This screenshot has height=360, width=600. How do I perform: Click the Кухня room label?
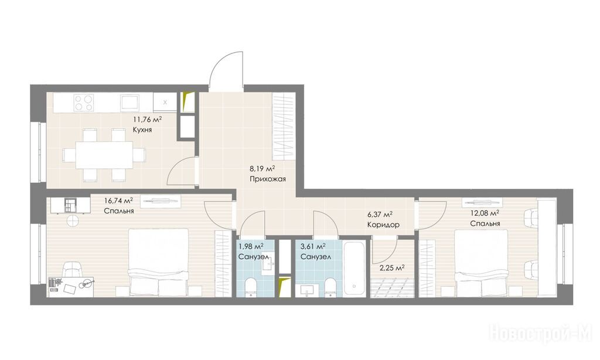[x=142, y=130]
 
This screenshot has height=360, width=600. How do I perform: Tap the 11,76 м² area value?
[x=147, y=120]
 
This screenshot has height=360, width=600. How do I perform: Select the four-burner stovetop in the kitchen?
[x=84, y=103]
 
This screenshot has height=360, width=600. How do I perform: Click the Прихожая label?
[x=267, y=179]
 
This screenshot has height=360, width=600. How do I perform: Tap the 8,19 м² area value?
[x=262, y=168]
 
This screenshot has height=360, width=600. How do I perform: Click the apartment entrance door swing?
[x=226, y=70]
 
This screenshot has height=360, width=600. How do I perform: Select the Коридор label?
[x=383, y=225]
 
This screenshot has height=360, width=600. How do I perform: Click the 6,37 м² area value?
[x=380, y=215]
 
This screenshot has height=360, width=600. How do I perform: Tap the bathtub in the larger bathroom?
[x=354, y=268]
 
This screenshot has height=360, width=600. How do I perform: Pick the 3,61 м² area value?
[x=313, y=246]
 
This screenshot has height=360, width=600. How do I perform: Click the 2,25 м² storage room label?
[x=392, y=268]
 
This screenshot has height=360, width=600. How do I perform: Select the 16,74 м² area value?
[x=118, y=201]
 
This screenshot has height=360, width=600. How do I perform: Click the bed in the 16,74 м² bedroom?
[x=158, y=262]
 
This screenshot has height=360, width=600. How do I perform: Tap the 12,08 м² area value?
[x=485, y=213]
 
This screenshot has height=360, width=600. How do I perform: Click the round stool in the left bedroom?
[x=73, y=220]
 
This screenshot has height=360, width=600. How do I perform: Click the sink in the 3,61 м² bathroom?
[x=307, y=290]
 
